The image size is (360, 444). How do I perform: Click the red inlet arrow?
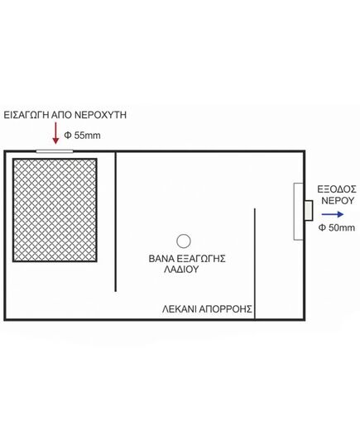pos(55,133)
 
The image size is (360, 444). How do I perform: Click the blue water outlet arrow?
pos(333,214)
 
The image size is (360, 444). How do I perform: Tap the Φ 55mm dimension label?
pos(82,136)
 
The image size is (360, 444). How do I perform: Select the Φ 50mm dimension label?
pos(337,227)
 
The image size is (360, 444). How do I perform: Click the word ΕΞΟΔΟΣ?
pos(337,189)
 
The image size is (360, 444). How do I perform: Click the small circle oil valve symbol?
pos(184,241)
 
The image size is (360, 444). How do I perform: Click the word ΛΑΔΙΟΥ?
pos(181,270)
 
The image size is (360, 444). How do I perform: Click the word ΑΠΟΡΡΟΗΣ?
pos(225,309)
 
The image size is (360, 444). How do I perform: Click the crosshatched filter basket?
pos(55,210)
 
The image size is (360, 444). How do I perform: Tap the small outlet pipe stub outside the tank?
pos(309,210)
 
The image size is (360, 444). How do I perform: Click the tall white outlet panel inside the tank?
pos(298,212)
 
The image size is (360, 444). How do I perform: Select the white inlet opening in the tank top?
pos(55,151)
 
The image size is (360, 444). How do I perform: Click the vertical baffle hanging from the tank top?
pos(115,222)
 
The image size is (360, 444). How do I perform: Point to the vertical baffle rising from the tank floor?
pos(255,264)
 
